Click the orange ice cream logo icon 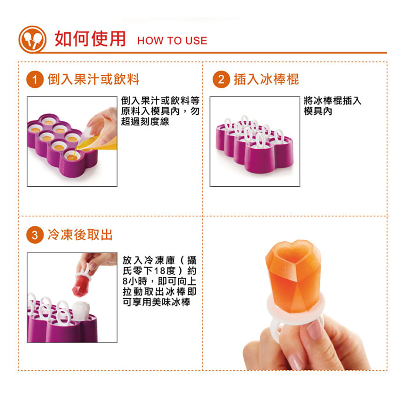pos(32,40)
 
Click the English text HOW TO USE pos(172,41)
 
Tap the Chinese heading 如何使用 pos(90,39)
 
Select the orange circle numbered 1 pos(35,80)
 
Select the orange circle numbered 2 pos(221,80)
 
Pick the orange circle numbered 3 pos(35,235)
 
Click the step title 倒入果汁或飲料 pos(93,79)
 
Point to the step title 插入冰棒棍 pos(266,79)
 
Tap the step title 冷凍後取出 pos(80,235)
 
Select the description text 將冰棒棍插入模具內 pos(333,106)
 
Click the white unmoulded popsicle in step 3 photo pos(81,310)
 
